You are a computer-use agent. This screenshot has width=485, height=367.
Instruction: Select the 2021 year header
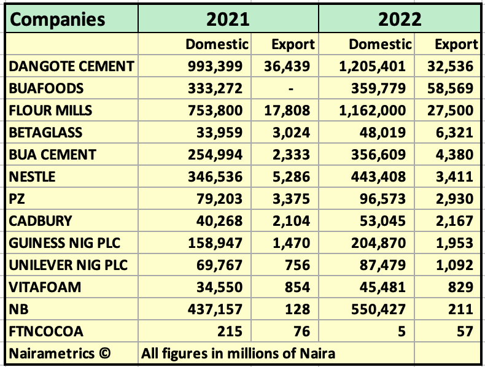(x=228, y=19)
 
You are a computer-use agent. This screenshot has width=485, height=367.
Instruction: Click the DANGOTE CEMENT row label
(x=71, y=66)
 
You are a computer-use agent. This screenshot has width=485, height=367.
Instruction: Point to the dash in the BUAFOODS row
(x=292, y=88)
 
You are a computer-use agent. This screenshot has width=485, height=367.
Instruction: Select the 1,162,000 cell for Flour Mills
(x=372, y=110)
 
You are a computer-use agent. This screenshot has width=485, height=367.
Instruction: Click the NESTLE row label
(x=33, y=177)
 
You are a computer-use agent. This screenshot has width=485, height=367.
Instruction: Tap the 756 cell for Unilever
(x=297, y=266)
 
